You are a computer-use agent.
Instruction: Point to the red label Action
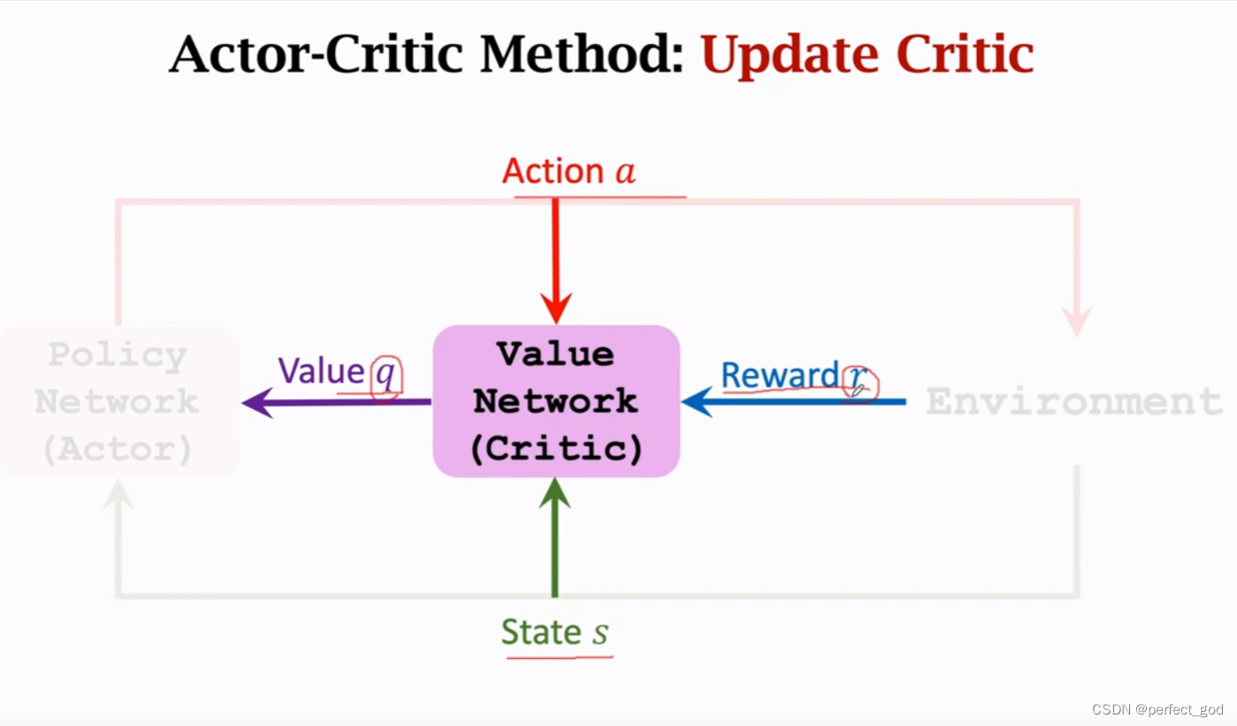pyautogui.click(x=552, y=171)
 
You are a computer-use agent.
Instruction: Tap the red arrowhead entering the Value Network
pyautogui.click(x=556, y=309)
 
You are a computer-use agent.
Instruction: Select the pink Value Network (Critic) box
pyautogui.click(x=556, y=402)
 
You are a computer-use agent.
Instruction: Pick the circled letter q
pyautogui.click(x=386, y=376)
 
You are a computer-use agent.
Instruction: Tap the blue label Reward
pyautogui.click(x=779, y=374)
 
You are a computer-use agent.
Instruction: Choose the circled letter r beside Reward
pyautogui.click(x=857, y=380)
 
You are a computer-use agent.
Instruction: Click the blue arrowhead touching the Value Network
pyautogui.click(x=697, y=402)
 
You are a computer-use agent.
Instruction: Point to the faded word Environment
pyautogui.click(x=1074, y=402)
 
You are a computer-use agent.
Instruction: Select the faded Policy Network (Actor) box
pyautogui.click(x=118, y=402)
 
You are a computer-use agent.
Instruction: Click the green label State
pyautogui.click(x=540, y=632)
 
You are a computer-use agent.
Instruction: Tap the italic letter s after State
pyautogui.click(x=600, y=634)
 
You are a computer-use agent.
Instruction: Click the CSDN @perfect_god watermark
pyautogui.click(x=1157, y=709)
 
